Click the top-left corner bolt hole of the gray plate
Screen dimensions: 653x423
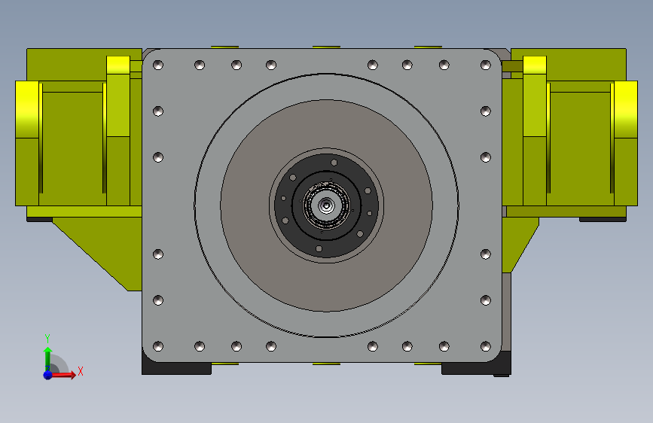[x=158, y=65]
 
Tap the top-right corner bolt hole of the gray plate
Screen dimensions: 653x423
[x=486, y=65]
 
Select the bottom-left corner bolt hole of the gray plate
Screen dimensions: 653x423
[x=158, y=346]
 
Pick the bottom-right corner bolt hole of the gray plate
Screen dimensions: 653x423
[x=486, y=346]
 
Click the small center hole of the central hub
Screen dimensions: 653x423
[x=326, y=205]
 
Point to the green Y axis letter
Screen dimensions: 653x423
[x=47, y=339]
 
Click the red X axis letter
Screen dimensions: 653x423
[x=81, y=371]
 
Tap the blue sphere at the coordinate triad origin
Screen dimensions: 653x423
[x=47, y=375]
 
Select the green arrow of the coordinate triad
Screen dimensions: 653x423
[x=48, y=358]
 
